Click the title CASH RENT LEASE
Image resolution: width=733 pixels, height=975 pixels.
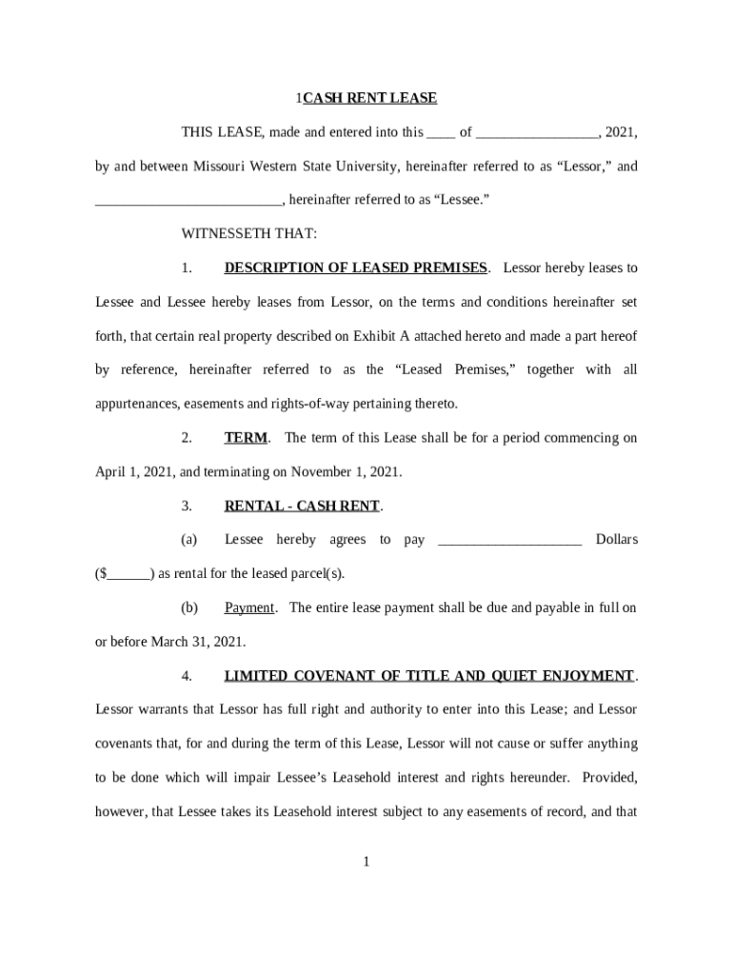tap(369, 98)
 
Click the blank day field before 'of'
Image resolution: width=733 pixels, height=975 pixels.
tap(441, 133)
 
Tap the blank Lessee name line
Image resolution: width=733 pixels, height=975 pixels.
tap(188, 201)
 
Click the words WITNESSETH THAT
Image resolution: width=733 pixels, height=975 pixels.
tap(249, 234)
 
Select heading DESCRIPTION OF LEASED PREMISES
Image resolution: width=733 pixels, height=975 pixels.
tap(355, 269)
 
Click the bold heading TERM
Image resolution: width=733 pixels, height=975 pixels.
tap(247, 438)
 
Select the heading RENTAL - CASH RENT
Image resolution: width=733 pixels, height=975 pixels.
tap(302, 506)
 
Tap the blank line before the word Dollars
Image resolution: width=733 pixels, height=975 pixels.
tap(508, 540)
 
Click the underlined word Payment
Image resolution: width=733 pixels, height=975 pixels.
tap(249, 607)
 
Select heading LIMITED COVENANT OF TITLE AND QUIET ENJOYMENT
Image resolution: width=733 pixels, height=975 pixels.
tap(428, 676)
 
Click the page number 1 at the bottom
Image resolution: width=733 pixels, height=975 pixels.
tap(366, 863)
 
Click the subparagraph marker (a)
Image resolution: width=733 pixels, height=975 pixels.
tap(188, 540)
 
